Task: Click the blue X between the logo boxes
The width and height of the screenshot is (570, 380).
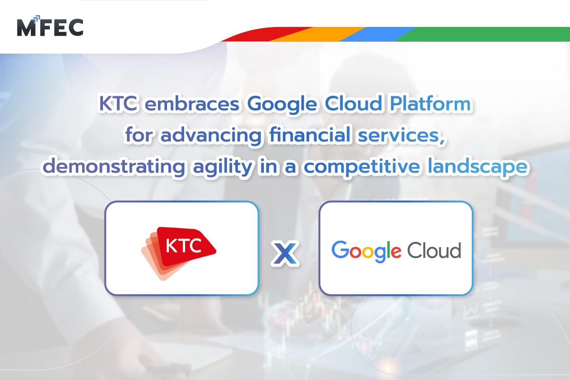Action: pos(285,252)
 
